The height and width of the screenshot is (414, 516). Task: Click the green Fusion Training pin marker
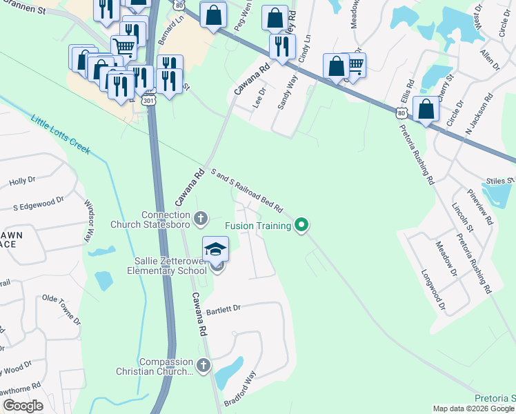[x=301, y=224]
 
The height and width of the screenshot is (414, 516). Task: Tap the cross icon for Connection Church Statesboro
[x=201, y=219]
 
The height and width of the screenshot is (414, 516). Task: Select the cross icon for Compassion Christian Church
[x=203, y=365]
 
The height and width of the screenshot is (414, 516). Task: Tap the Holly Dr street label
[x=22, y=181]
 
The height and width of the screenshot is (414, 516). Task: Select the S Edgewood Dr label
[x=39, y=202]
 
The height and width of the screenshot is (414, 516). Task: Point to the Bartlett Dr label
[x=222, y=310]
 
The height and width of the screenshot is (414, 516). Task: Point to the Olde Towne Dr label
[x=63, y=302]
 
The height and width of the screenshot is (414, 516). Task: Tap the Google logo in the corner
[x=23, y=406]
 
